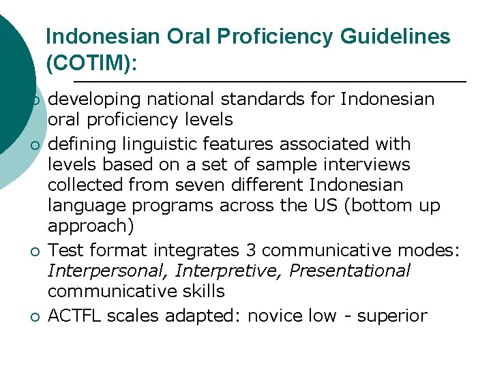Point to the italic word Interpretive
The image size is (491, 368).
(228, 271)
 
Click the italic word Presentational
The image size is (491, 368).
(350, 271)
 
